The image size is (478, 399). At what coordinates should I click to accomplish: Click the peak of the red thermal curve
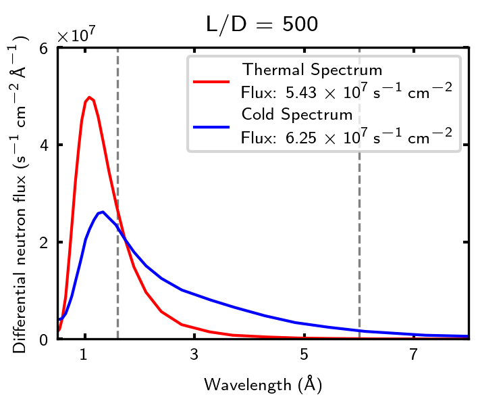(x=88, y=97)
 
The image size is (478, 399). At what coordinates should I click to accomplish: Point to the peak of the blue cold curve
(x=102, y=212)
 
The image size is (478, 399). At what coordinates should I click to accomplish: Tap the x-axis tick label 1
(x=84, y=355)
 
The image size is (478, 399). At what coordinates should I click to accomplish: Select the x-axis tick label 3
(x=194, y=355)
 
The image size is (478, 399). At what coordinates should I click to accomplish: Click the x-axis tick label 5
(x=304, y=355)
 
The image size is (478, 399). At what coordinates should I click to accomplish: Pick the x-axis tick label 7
(x=413, y=355)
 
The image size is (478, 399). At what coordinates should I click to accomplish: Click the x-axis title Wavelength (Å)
(x=263, y=384)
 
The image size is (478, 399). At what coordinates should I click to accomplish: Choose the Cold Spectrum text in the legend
(x=297, y=114)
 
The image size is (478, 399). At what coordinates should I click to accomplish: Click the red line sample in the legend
(x=212, y=81)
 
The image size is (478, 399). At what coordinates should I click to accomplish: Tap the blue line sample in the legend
(x=212, y=126)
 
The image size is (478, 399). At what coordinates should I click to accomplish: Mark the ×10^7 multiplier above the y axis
(x=76, y=35)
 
